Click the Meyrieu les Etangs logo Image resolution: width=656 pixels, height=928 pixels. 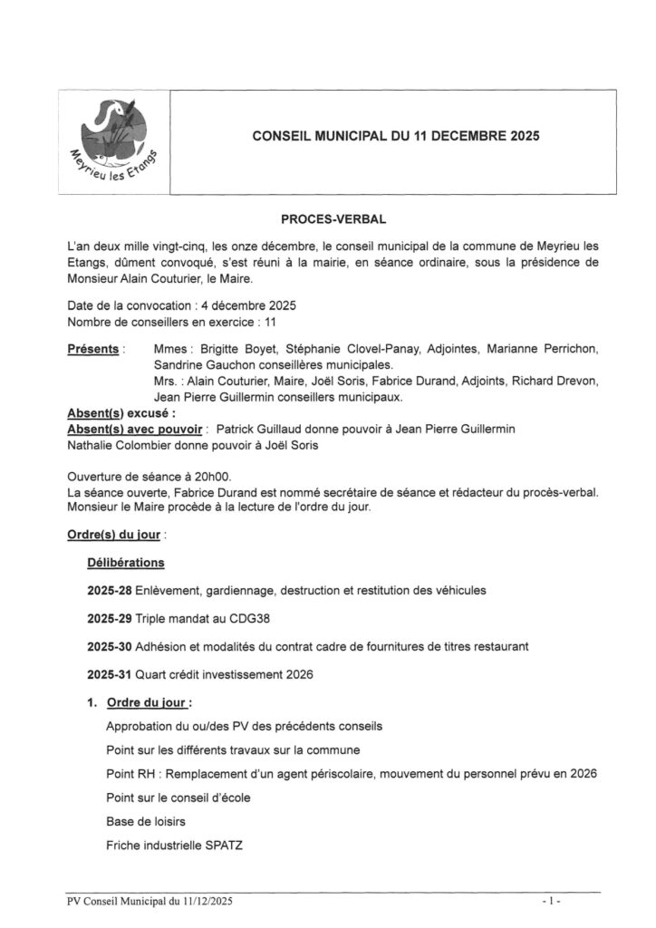click(113, 140)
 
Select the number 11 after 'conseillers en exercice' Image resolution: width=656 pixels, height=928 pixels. click(269, 323)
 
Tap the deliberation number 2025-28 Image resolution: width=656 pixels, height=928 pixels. click(110, 591)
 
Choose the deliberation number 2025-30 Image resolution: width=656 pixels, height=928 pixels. click(110, 648)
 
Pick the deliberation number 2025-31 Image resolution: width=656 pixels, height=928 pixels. click(110, 676)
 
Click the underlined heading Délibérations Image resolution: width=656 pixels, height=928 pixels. click(126, 563)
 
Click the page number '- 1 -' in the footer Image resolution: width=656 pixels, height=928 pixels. click(552, 903)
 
